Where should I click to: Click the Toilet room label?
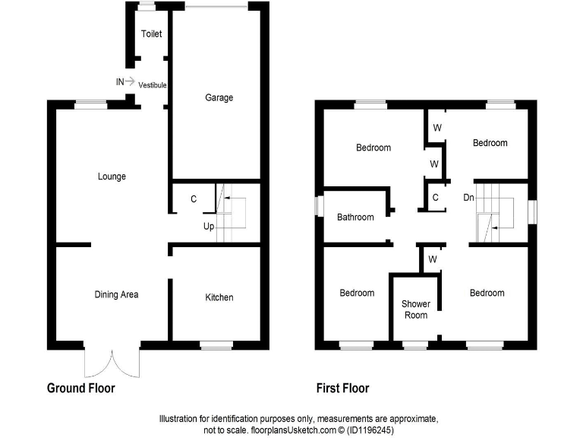pyautogui.click(x=151, y=34)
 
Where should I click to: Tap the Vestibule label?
pyautogui.click(x=152, y=84)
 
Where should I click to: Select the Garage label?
pyautogui.click(x=219, y=97)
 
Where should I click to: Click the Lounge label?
pyautogui.click(x=112, y=176)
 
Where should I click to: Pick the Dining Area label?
pyautogui.click(x=116, y=294)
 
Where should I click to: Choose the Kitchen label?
pyautogui.click(x=219, y=297)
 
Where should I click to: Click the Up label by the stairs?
pyautogui.click(x=208, y=227)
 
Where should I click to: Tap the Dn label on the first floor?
pyautogui.click(x=469, y=196)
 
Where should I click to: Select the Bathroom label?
pyautogui.click(x=355, y=217)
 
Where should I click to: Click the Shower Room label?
pyautogui.click(x=416, y=309)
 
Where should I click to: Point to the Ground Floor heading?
pyautogui.click(x=81, y=389)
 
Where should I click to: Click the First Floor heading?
pyautogui.click(x=343, y=389)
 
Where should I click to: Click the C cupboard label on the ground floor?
pyautogui.click(x=194, y=199)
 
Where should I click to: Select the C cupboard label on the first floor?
pyautogui.click(x=435, y=197)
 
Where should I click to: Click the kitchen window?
pyautogui.click(x=216, y=346)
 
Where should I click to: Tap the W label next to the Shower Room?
pyautogui.click(x=431, y=259)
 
